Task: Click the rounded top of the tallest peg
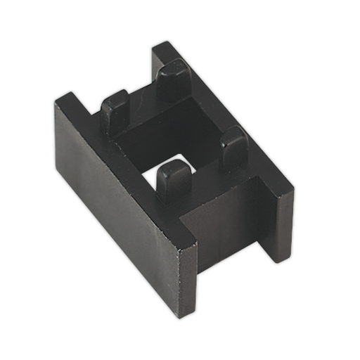tap(173, 68)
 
